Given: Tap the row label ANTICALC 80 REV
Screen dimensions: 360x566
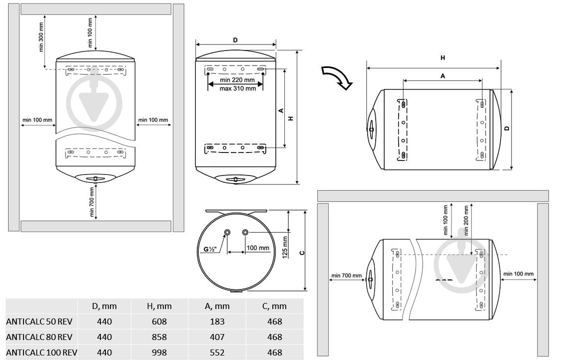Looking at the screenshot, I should (39, 337).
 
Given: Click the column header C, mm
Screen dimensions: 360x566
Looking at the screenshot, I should (275, 306).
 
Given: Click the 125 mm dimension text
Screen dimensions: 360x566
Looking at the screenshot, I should (285, 247).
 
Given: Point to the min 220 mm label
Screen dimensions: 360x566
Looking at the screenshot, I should (237, 80).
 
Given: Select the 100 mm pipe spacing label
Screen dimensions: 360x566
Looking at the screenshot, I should (258, 248).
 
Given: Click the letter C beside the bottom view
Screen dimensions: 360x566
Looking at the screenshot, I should (302, 252).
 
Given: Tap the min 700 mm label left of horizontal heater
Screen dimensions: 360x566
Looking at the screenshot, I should (346, 275).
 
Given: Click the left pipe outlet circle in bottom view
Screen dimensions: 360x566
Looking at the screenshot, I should (227, 232).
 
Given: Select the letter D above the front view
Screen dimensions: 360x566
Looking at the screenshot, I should (235, 40).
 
